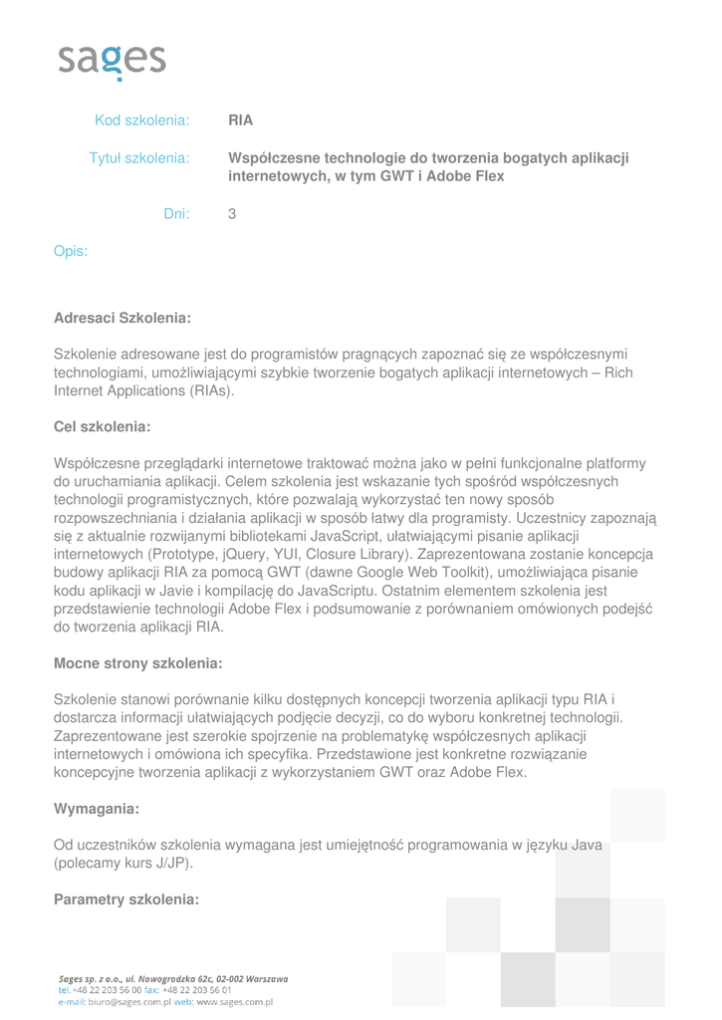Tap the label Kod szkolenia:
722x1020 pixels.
(x=141, y=122)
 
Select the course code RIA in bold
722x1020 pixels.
(x=240, y=122)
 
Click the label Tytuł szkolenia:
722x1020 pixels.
(x=139, y=158)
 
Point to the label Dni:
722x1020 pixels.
(x=176, y=213)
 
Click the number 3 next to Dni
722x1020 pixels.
(x=232, y=213)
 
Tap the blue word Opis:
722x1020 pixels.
(x=70, y=252)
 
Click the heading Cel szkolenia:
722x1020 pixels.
(x=102, y=426)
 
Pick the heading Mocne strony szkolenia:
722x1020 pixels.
(x=137, y=663)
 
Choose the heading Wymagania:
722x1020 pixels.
(x=96, y=808)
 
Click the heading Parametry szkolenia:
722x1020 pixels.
(x=126, y=899)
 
